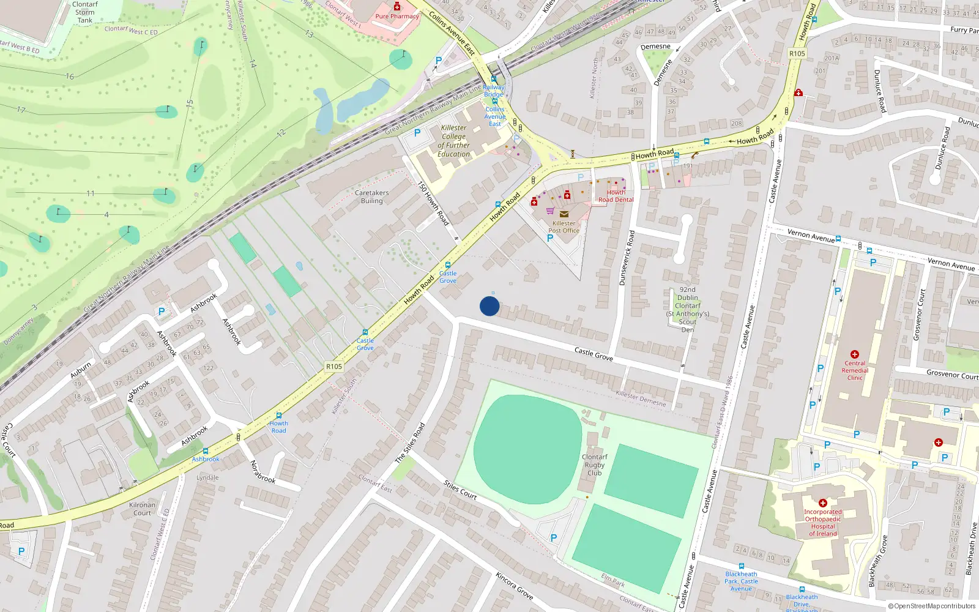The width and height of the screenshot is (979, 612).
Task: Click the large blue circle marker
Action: pos(489,306)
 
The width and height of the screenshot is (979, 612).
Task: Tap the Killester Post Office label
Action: pos(564,227)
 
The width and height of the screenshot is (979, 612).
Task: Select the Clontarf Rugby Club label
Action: pos(594,465)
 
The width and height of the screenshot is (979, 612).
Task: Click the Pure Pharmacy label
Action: pos(397,17)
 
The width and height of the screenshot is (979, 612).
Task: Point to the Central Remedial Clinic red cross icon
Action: pos(855,354)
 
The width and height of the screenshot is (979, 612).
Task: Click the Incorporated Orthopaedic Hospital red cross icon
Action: pos(822,502)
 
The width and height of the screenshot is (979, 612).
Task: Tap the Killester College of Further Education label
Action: pos(454,141)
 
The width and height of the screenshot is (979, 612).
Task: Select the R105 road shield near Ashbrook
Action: pos(334,367)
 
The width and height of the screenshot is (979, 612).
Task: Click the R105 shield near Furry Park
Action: pos(797,54)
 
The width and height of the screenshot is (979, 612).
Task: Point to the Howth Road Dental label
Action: pos(616,196)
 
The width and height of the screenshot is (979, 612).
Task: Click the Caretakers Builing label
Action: pos(371,196)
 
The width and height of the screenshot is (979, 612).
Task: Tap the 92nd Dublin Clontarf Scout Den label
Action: pos(688,310)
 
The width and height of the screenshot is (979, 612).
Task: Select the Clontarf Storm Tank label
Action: pos(85,12)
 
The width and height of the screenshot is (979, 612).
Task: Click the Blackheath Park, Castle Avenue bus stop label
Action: pos(741,581)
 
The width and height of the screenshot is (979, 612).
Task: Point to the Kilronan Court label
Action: pos(142,509)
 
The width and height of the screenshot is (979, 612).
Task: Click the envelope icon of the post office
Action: pos(564,214)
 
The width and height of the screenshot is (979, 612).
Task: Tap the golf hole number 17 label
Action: pos(21,110)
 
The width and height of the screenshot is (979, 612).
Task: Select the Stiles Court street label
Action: pos(460,490)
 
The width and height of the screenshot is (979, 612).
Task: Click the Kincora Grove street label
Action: pos(514,586)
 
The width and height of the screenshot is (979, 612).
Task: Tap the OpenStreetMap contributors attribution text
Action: pos(932,606)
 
